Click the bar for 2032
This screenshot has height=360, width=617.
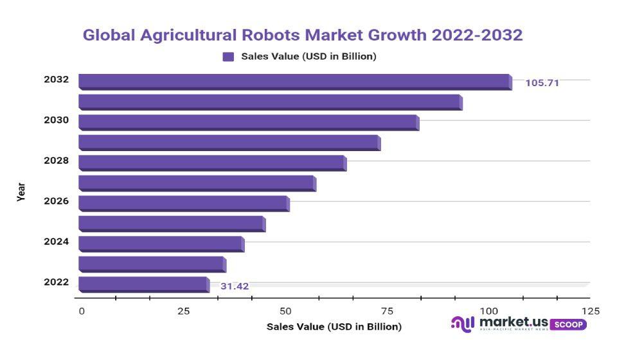click(x=294, y=82)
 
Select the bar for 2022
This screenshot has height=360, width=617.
click(x=143, y=284)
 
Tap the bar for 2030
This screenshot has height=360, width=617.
click(x=248, y=122)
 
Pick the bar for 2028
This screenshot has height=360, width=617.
click(x=212, y=163)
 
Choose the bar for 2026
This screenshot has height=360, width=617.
click(x=184, y=203)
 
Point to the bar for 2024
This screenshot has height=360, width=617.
click(x=161, y=244)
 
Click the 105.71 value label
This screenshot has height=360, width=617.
click(x=542, y=83)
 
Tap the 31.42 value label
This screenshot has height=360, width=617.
click(x=235, y=286)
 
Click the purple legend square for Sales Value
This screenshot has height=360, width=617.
click(x=228, y=57)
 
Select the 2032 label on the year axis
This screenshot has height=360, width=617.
click(x=56, y=80)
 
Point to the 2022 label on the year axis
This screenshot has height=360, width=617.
click(x=56, y=282)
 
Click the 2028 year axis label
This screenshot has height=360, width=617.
click(x=56, y=160)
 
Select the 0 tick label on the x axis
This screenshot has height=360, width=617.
click(x=82, y=311)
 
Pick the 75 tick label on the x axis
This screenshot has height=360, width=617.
click(x=387, y=311)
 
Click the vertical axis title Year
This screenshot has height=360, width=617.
click(x=21, y=192)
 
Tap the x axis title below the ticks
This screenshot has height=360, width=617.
click(x=334, y=327)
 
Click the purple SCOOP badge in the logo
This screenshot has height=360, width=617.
click(x=568, y=324)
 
